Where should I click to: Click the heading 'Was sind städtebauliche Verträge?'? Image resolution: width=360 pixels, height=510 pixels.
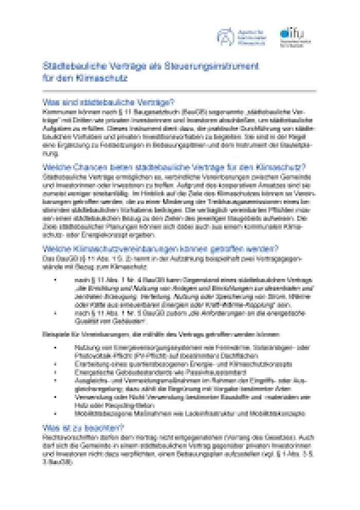click(108, 101)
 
